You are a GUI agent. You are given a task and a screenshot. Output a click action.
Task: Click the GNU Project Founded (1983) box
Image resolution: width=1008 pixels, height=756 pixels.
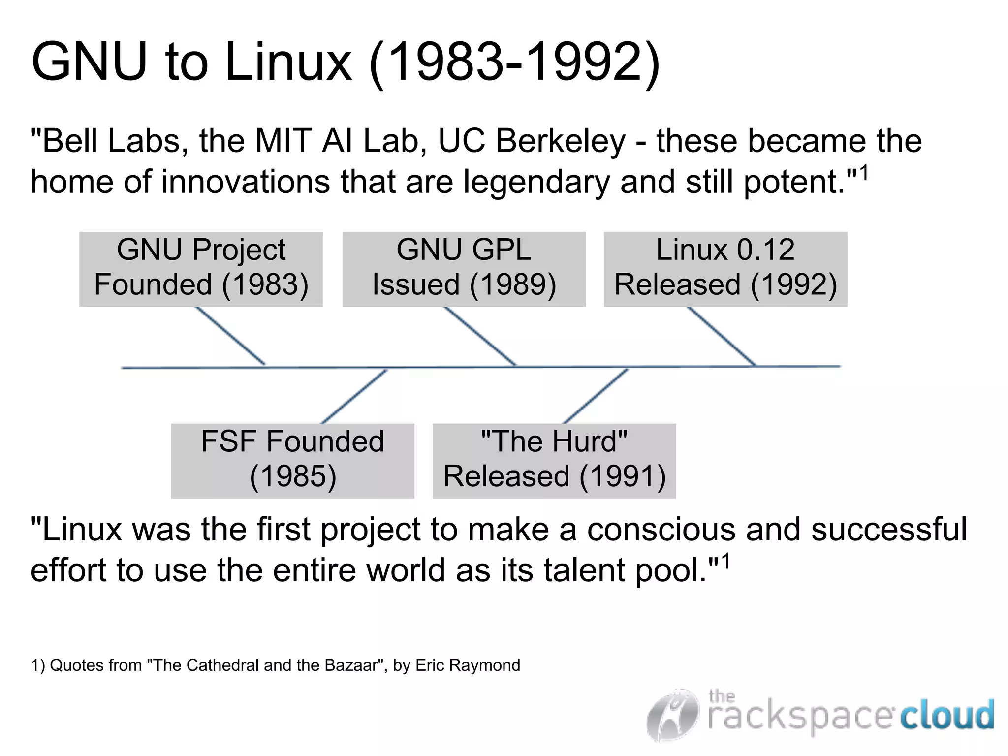click(201, 269)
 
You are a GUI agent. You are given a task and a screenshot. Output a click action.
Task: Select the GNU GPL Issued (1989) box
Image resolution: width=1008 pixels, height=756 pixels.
click(464, 269)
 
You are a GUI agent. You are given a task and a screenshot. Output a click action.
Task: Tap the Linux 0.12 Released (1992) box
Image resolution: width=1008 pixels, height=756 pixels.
click(725, 269)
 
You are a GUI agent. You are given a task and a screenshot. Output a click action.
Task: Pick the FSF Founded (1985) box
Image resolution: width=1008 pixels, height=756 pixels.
click(292, 461)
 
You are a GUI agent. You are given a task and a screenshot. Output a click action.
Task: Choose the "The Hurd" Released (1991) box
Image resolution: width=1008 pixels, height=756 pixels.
click(554, 461)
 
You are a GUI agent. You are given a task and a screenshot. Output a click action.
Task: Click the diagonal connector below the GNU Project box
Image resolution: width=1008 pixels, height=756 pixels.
click(230, 336)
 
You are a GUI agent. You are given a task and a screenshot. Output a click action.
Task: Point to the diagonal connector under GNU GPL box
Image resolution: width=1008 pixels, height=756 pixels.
click(480, 336)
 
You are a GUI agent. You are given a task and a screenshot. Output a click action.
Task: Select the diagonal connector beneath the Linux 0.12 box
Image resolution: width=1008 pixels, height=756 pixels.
click(721, 336)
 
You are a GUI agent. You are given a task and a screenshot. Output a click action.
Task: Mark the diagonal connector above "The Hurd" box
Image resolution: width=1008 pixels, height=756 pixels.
click(596, 396)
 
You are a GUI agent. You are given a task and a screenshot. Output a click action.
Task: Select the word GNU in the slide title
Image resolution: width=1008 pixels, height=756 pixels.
click(89, 63)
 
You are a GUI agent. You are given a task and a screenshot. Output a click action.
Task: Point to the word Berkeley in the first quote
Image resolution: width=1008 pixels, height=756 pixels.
click(560, 141)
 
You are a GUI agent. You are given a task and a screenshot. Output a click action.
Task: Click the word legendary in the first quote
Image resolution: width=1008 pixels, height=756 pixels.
click(536, 182)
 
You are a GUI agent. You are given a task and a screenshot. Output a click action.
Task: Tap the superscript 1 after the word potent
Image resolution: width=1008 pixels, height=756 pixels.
click(863, 173)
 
